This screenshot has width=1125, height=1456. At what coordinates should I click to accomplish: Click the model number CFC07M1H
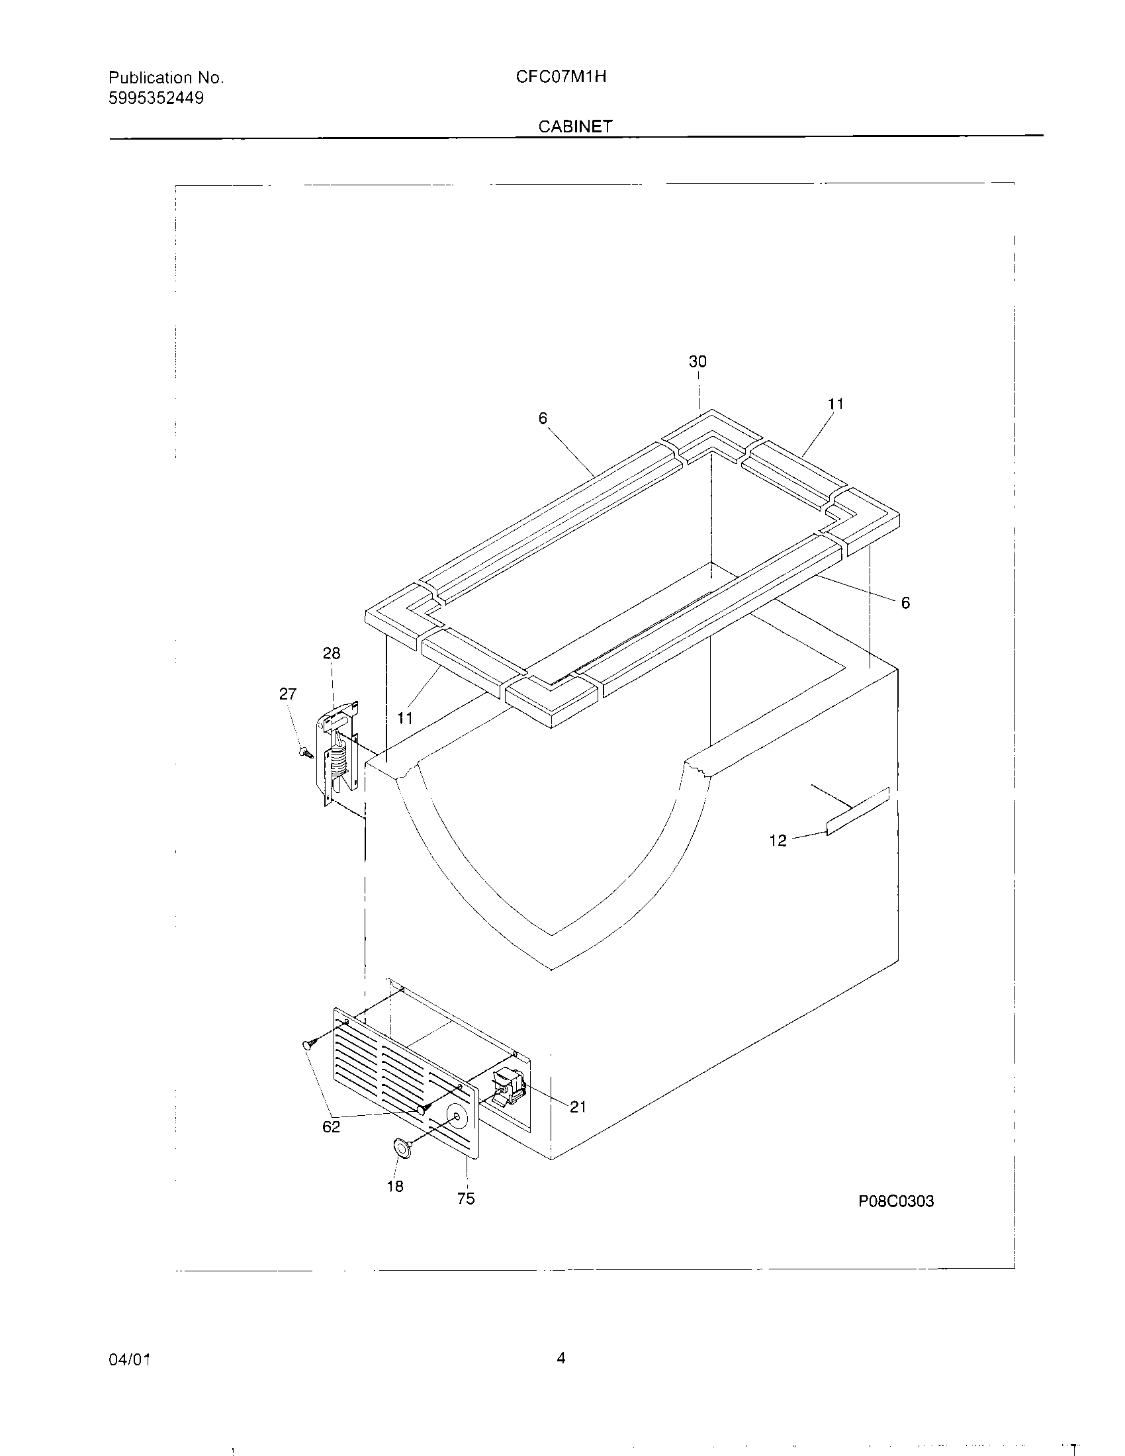click(x=561, y=77)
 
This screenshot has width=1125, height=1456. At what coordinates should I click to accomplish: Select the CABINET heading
click(x=575, y=126)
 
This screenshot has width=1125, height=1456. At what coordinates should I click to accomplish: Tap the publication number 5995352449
click(x=156, y=99)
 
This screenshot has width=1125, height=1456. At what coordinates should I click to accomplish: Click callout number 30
click(x=697, y=361)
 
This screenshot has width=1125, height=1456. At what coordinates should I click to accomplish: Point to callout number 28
click(x=332, y=653)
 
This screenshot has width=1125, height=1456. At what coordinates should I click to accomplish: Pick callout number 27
click(x=287, y=694)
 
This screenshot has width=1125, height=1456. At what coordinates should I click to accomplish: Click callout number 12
click(x=778, y=841)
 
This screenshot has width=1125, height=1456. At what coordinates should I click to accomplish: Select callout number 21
click(x=578, y=1107)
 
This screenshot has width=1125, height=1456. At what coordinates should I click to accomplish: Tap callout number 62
click(x=332, y=1126)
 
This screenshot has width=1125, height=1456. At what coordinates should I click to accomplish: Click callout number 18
click(x=395, y=1186)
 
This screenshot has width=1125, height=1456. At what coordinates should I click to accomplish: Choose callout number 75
click(x=466, y=1199)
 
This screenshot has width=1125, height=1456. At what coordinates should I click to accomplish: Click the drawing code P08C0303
click(x=896, y=1201)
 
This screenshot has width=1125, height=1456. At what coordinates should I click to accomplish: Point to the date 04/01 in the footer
click(x=129, y=1359)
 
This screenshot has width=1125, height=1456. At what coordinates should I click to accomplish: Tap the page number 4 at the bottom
click(x=561, y=1358)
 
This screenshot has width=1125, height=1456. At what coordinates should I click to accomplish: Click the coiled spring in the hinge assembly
click(x=340, y=758)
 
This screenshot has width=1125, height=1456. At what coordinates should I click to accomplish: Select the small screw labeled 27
click(x=306, y=752)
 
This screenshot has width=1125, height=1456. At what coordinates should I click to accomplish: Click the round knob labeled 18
click(x=402, y=1146)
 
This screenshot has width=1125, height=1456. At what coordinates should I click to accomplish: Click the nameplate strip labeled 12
click(x=858, y=811)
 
